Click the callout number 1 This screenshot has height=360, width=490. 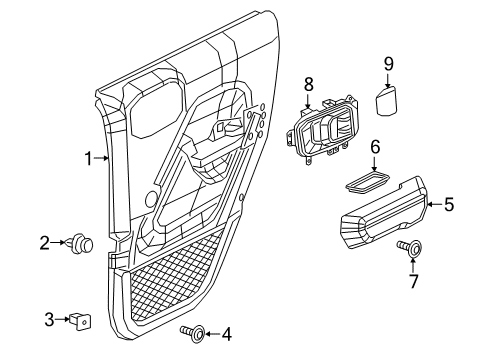point(88,157)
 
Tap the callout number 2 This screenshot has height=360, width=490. point(45,241)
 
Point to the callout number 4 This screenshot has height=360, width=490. point(226,332)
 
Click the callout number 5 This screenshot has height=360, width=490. point(448,205)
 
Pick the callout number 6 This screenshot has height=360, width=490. point(375,146)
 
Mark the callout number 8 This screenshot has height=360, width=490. point(309,85)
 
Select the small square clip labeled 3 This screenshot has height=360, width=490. point(79,320)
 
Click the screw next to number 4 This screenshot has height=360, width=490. point(192,332)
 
